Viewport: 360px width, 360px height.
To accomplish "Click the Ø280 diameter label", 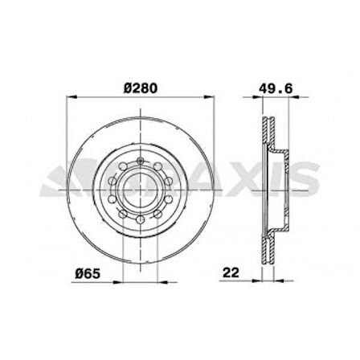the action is pyautogui.click(x=141, y=88).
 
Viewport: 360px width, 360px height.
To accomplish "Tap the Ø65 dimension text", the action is pyautogui.click(x=88, y=273).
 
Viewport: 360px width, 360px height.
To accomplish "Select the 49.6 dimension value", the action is pyautogui.click(x=276, y=88).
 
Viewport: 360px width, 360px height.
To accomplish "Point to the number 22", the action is pyautogui.click(x=231, y=272).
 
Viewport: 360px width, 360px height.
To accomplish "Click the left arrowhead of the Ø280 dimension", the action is pyautogui.click(x=72, y=96).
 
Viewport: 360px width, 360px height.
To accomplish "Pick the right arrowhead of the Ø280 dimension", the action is pyautogui.click(x=210, y=96).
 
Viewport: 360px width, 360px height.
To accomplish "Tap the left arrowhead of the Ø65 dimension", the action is pyautogui.click(x=118, y=282).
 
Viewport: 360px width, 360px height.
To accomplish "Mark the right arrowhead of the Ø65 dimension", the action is pyautogui.click(x=162, y=282).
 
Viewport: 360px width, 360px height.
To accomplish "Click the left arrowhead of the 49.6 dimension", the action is pyautogui.click(x=257, y=97).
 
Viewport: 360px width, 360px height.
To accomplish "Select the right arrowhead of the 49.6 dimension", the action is pyautogui.click(x=294, y=97).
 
